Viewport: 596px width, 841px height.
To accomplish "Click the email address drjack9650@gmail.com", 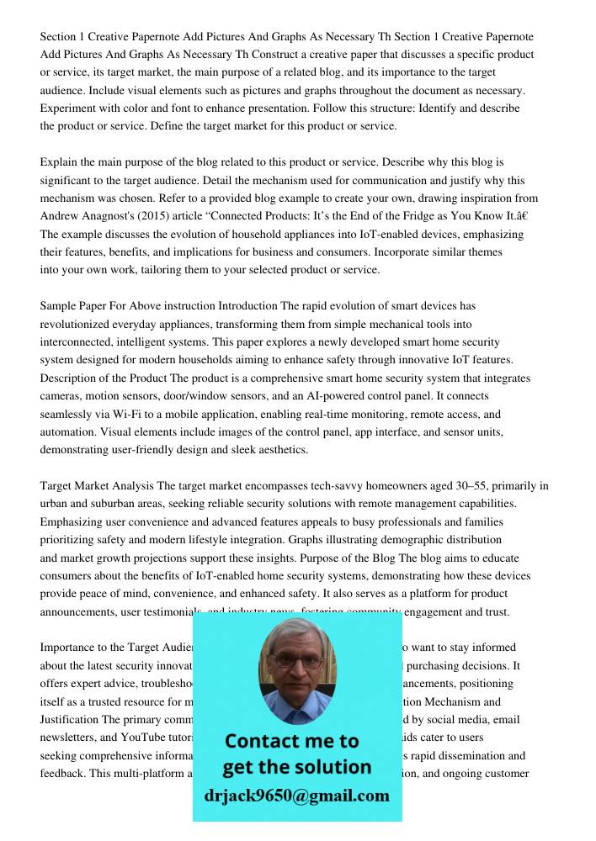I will pyautogui.click(x=296, y=796).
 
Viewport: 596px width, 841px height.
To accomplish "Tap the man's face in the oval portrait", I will pyautogui.click(x=295, y=664).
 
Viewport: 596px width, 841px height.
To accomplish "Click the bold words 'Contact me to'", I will pyautogui.click(x=292, y=741).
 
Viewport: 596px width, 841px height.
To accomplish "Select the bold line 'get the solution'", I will pyautogui.click(x=296, y=767).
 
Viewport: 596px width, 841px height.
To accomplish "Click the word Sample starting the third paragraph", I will pyautogui.click(x=58, y=306).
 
